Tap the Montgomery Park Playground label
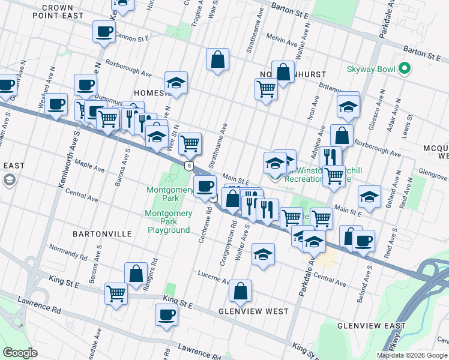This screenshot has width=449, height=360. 168,221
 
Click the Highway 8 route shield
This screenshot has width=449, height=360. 190,166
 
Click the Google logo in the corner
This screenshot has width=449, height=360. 20,352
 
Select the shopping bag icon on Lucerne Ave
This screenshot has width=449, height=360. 240,292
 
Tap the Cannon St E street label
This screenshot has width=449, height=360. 133,37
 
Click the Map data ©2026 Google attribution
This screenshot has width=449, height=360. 411,355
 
